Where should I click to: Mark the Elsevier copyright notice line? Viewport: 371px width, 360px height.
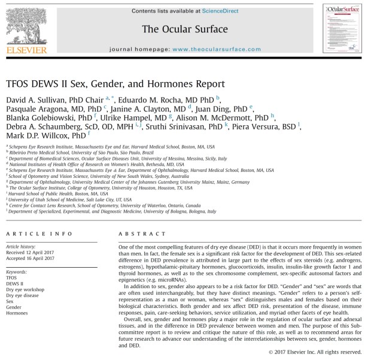[x=316, y=352]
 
